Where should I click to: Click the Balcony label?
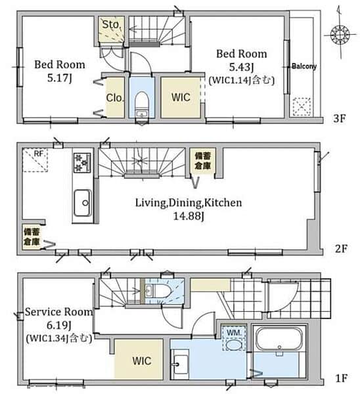(x=304, y=66)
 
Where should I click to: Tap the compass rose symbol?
(x=340, y=34)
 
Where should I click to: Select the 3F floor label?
(x=340, y=118)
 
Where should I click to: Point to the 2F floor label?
(x=341, y=248)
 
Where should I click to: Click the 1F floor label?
(x=342, y=378)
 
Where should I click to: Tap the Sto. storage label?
(x=110, y=24)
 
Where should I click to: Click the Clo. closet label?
(x=115, y=98)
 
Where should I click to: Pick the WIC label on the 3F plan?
(x=181, y=97)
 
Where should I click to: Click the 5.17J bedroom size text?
(x=60, y=78)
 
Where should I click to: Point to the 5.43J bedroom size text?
(x=241, y=67)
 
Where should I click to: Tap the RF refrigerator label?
(x=39, y=153)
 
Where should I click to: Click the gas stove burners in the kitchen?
(x=82, y=163)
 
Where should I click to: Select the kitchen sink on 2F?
(x=83, y=203)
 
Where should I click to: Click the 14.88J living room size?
(x=189, y=216)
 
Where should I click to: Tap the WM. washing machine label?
(x=234, y=333)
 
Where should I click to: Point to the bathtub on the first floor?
(x=279, y=339)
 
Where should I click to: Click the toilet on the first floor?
(x=158, y=292)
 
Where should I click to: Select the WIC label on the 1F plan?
(x=142, y=361)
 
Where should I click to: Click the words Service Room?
(x=59, y=312)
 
